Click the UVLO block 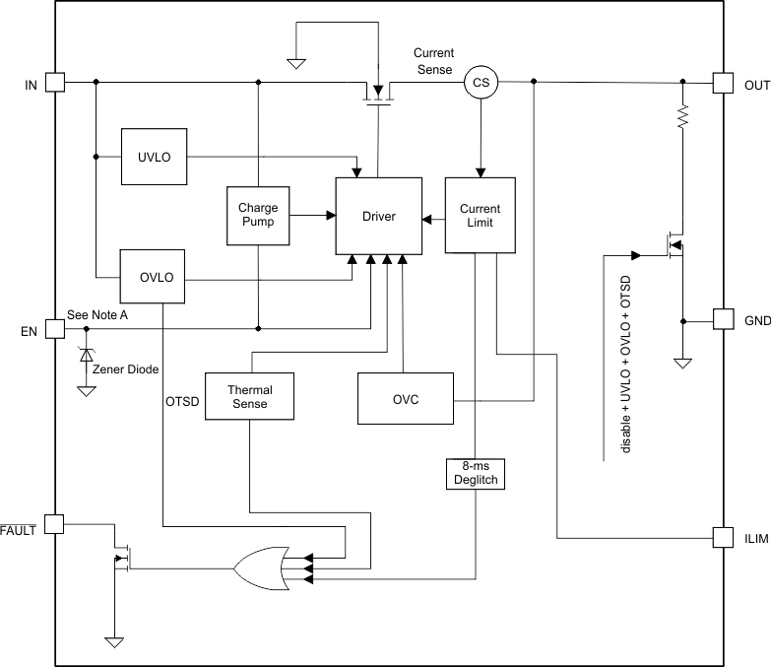[155, 156]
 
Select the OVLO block [155, 277]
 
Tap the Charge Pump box [258, 215]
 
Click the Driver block [379, 216]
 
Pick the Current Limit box [480, 216]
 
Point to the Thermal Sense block [250, 396]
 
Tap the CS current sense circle [481, 84]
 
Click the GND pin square [723, 319]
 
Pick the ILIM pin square [723, 538]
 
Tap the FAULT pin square [54, 523]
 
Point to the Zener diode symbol [87, 353]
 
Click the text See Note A [96, 314]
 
